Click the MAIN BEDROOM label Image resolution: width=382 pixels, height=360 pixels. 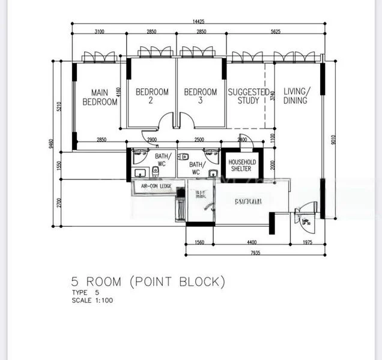(x=100, y=97)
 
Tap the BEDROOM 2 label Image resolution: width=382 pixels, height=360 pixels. (x=152, y=96)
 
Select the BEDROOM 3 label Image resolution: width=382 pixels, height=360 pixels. (x=200, y=96)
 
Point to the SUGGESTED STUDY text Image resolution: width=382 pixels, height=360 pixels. (x=248, y=96)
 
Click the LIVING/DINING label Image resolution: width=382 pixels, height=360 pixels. (x=296, y=96)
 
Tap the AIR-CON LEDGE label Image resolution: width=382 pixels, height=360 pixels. (x=156, y=187)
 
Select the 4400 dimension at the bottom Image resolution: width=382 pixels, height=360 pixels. (x=252, y=242)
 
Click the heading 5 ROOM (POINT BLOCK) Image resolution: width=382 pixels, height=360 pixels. (x=148, y=281)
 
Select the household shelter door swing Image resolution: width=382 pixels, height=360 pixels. (x=247, y=145)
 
